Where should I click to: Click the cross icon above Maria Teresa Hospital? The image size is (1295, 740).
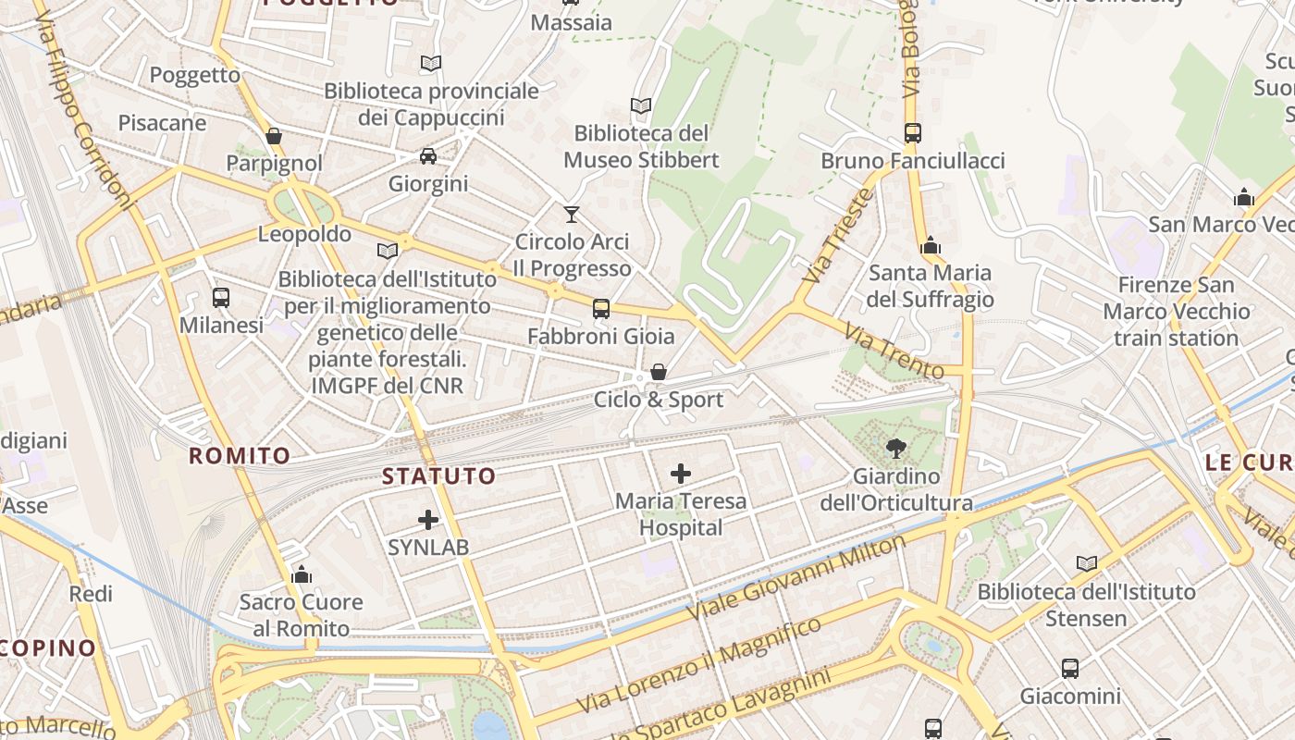681,475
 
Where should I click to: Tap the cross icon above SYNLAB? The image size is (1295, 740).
427,520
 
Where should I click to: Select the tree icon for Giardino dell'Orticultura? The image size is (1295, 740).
895,450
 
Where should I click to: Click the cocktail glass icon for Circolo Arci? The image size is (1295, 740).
572,215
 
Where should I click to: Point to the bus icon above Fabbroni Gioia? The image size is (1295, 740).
601,309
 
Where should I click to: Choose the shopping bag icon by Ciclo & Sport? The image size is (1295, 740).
658,372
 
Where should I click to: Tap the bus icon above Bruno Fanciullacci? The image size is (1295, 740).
912,133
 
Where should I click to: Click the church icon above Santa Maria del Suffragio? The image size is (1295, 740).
931,246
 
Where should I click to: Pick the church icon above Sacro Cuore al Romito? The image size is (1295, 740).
302,574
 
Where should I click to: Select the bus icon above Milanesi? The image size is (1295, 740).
221,298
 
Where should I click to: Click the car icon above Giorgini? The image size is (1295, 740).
427,155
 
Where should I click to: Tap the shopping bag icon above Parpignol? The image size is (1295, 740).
274,137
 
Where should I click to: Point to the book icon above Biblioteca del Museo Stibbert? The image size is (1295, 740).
640,106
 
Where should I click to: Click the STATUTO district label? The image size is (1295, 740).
439,476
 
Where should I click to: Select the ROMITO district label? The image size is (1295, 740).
240,455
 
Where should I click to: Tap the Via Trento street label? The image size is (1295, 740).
894,351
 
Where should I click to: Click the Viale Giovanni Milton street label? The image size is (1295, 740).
797,579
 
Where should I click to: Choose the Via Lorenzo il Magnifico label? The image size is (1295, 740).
698,666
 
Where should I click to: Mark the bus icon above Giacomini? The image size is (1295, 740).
1070,669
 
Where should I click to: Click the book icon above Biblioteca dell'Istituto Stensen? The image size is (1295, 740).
1087,563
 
